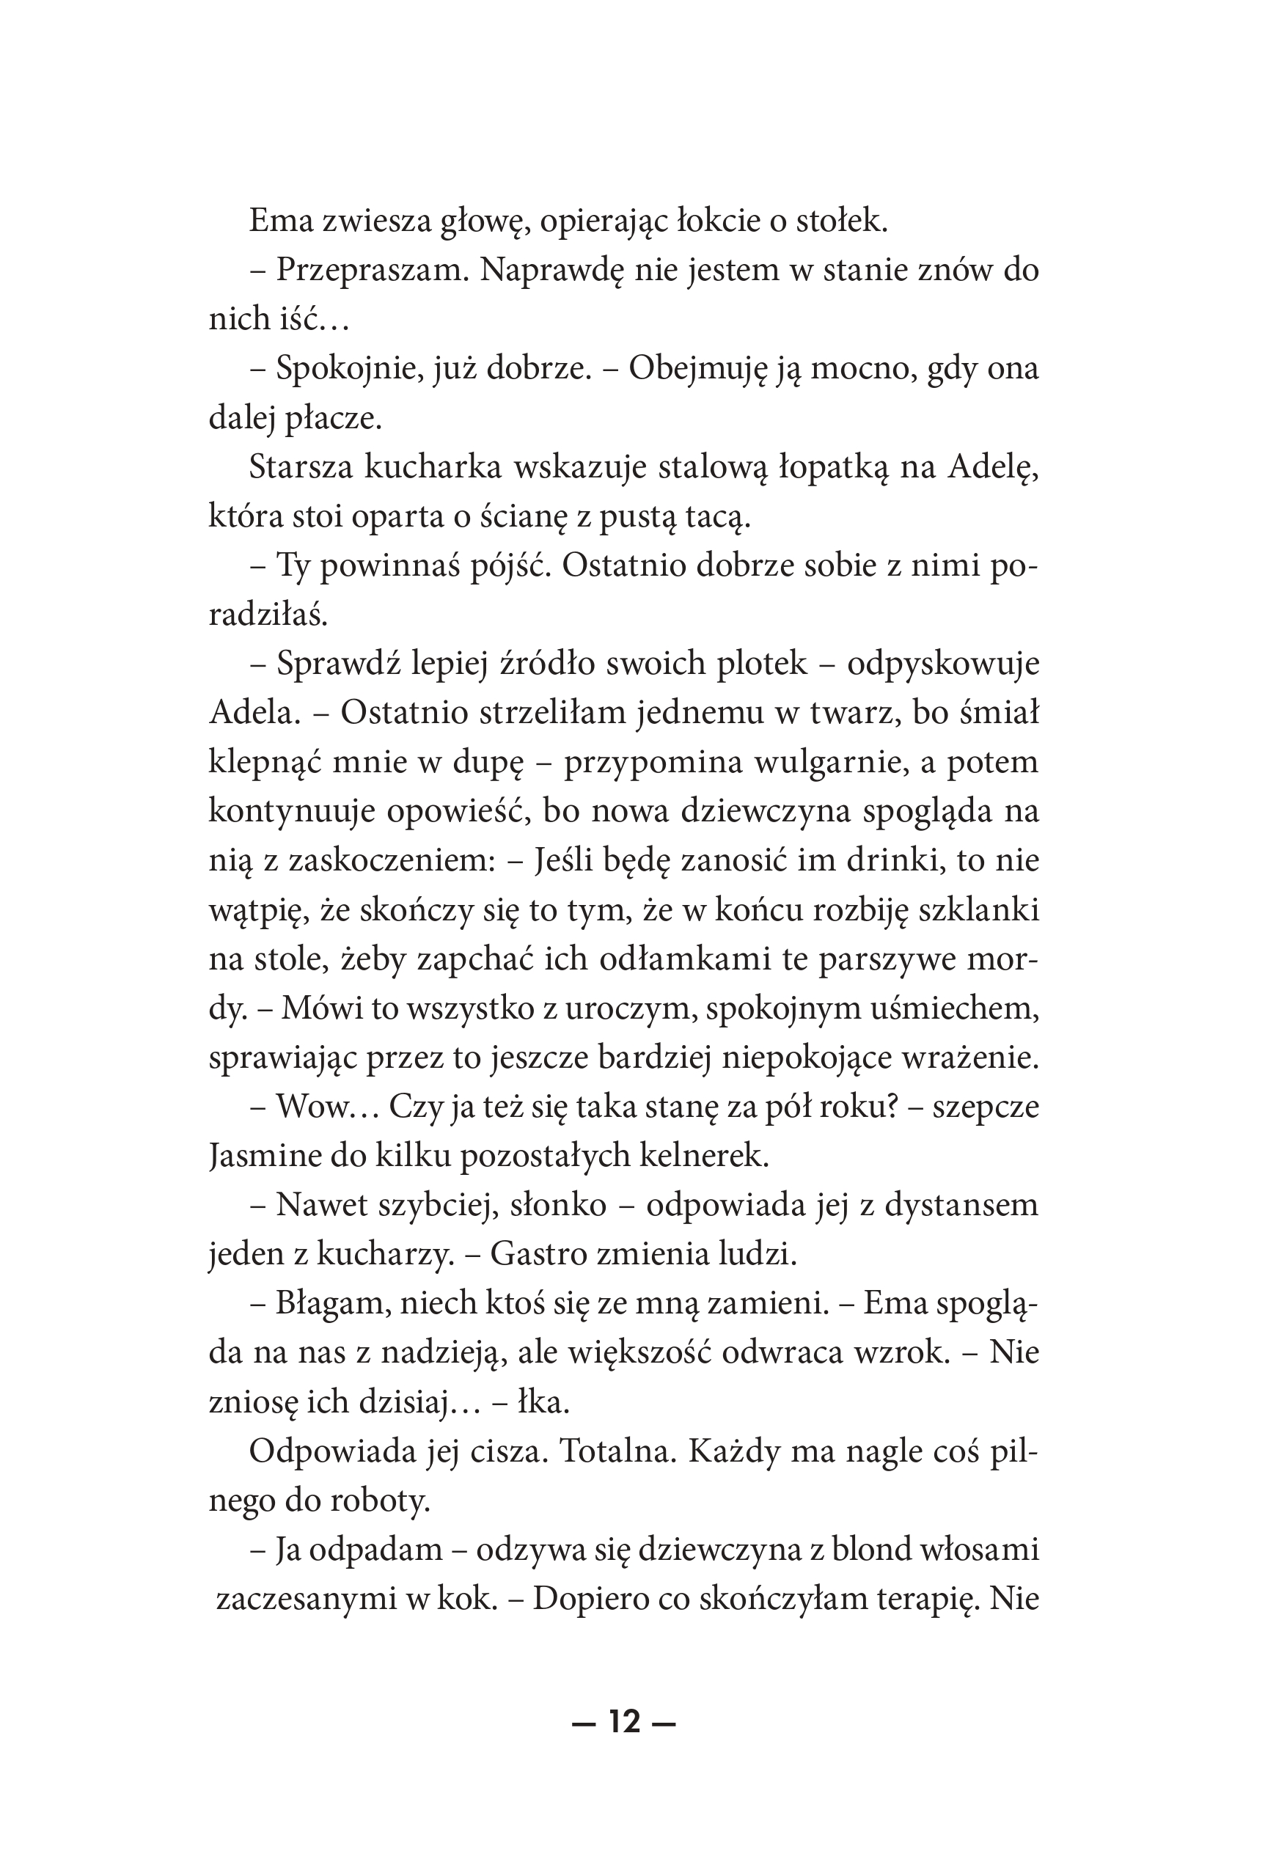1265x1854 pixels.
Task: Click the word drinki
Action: tap(902, 861)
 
